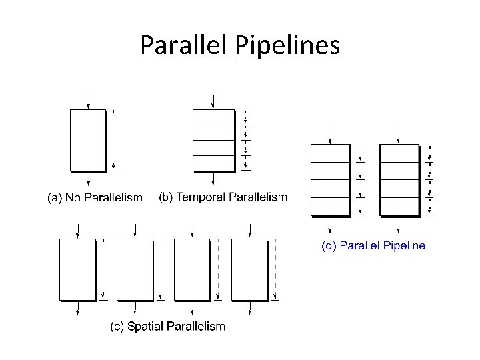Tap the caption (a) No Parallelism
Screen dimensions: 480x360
94,197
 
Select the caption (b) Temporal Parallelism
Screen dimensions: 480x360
223,197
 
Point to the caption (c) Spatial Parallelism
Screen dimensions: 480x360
167,326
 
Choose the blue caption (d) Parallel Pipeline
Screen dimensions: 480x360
373,245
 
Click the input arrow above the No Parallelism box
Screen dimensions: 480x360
88,102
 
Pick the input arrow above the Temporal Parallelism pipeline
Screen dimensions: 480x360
213,101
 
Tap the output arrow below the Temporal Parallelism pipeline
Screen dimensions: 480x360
213,179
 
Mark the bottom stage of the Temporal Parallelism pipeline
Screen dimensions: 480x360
213,163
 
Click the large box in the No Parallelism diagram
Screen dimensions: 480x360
88,140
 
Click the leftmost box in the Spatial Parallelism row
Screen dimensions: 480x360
78,270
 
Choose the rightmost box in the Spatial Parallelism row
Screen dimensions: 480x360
250,270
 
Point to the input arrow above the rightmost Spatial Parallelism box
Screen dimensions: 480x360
250,231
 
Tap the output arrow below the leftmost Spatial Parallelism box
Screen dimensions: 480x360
78,309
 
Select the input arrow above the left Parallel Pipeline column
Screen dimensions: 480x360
331,136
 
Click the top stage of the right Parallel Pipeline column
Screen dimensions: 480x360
399,153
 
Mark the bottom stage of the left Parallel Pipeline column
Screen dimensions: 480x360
331,207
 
